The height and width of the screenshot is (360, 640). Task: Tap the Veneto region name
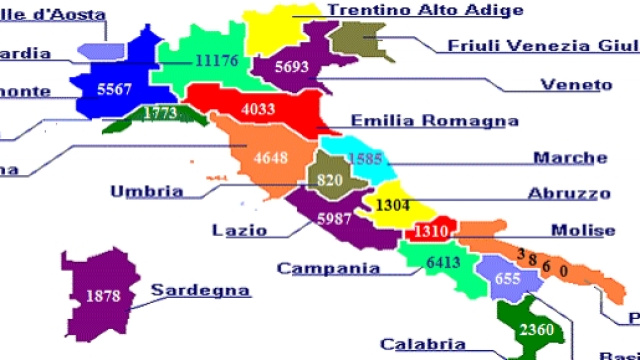[x=575, y=84]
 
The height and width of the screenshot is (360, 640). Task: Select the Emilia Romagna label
[x=434, y=121]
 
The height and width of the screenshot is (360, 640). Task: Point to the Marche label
[x=569, y=158]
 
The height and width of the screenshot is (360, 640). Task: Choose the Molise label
[x=583, y=231]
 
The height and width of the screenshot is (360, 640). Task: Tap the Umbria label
[x=146, y=192]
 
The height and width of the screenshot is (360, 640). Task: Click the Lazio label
[x=239, y=230]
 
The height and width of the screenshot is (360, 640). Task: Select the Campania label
[x=328, y=268]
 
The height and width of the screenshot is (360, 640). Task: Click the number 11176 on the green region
[x=216, y=61]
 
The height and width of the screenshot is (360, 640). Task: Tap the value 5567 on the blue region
[x=114, y=89]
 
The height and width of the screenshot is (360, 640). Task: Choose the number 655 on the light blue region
[x=507, y=280]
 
